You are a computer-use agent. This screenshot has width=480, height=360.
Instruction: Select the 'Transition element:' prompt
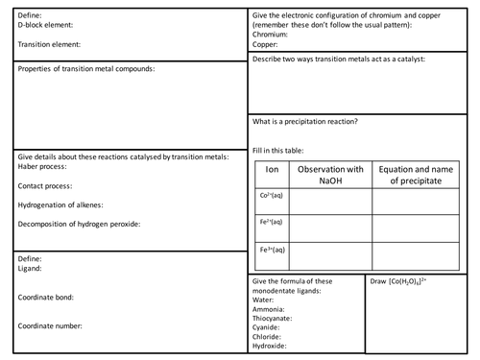(x=49, y=44)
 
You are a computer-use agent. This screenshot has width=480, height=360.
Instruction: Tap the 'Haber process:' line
(x=43, y=166)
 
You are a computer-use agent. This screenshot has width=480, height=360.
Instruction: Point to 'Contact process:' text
(x=46, y=185)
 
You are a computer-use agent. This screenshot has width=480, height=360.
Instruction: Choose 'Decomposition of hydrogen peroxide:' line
(x=80, y=224)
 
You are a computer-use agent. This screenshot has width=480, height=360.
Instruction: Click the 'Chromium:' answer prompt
(x=273, y=34)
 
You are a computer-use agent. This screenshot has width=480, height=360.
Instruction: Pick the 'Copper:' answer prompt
(x=267, y=43)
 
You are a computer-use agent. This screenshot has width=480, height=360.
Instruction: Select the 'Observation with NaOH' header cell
(x=331, y=174)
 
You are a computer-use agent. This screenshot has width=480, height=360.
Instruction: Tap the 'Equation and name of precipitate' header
(x=415, y=174)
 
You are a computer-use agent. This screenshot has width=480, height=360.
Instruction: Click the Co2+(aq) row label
(x=272, y=196)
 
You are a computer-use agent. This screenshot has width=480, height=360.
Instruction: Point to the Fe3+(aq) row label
(x=272, y=251)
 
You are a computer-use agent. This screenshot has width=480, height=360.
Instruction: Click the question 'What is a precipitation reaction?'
(x=305, y=122)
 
